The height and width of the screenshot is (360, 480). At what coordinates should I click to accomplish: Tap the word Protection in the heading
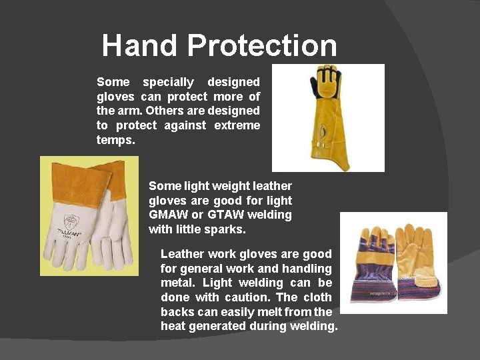(262, 45)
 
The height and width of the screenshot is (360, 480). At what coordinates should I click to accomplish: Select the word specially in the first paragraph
(168, 82)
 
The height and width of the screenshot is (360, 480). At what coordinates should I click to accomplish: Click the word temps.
(115, 140)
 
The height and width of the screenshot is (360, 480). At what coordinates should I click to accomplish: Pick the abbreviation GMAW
(169, 215)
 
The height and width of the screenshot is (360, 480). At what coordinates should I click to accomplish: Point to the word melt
(249, 311)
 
